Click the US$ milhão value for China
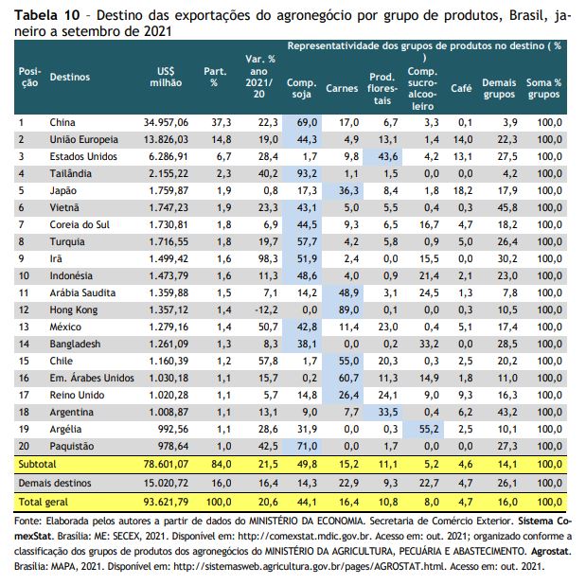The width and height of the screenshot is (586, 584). [x=166, y=122]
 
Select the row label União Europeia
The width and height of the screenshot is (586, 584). [x=83, y=140]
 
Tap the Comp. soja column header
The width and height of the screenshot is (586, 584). [x=301, y=88]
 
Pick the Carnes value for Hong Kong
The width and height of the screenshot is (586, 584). [x=348, y=310]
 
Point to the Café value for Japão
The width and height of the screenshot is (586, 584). [x=463, y=191]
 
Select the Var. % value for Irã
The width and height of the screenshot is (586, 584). [x=268, y=259]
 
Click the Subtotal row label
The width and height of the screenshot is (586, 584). [x=37, y=465]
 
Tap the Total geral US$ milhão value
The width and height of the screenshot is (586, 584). [x=166, y=502]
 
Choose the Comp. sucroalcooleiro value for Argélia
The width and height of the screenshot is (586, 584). [x=429, y=429]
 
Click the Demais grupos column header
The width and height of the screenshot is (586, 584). [x=499, y=88]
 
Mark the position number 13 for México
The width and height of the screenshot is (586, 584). [x=24, y=327]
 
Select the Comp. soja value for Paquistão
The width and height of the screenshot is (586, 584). [x=307, y=446]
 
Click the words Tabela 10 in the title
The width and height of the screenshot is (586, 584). [x=47, y=15]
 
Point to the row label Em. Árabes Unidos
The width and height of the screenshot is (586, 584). [x=92, y=378]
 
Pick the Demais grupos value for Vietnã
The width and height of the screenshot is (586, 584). [x=507, y=207]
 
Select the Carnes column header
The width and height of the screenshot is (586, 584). [x=342, y=89]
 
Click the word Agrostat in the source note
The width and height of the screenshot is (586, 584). [x=551, y=551]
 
